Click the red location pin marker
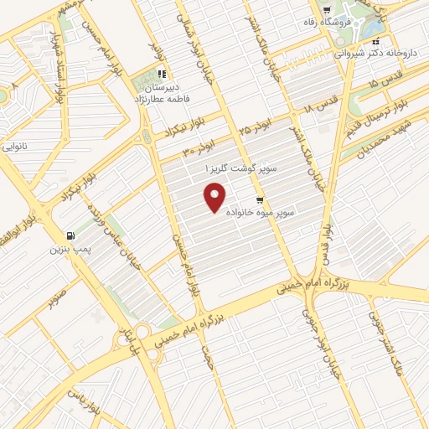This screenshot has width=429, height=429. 216,199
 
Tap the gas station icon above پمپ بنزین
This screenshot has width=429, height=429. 69,235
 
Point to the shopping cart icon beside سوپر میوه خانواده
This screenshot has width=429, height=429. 260,200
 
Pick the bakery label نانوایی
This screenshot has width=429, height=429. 13,147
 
